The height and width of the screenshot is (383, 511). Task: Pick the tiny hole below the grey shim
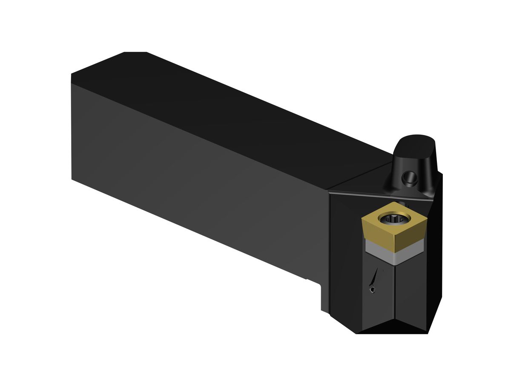coord(373,290)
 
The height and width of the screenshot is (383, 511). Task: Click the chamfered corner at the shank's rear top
coord(135,53)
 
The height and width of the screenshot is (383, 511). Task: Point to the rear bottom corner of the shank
coord(72,179)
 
